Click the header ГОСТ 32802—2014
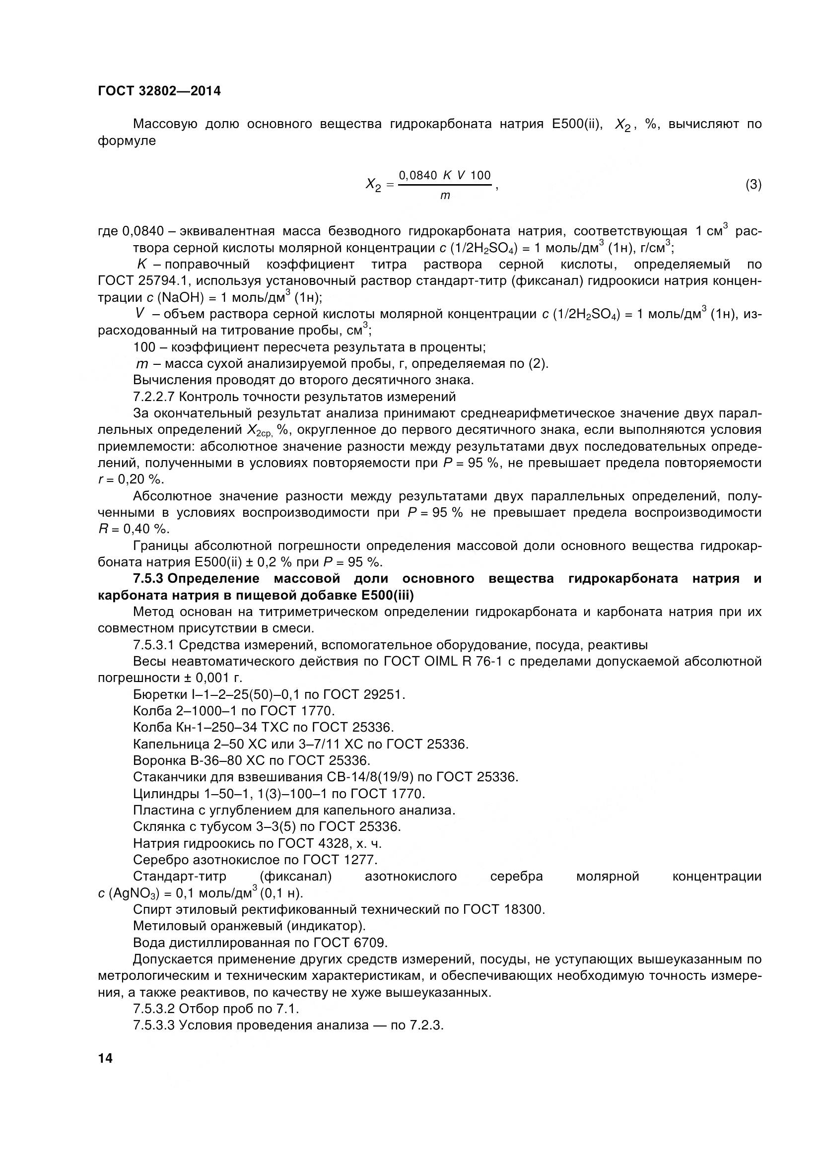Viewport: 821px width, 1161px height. [159, 91]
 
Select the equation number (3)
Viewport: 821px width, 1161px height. [753, 185]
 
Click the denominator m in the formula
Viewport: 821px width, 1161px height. [445, 196]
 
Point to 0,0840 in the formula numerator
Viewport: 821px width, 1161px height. [417, 175]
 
